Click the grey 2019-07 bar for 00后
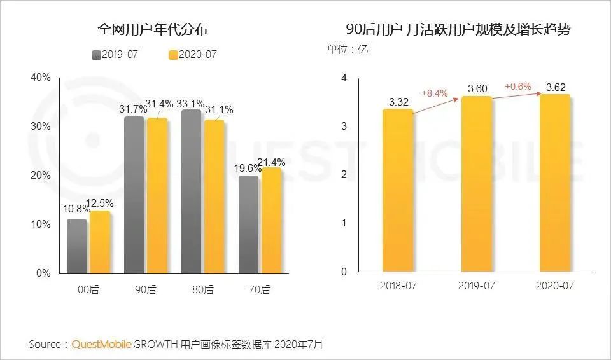tap(77, 246)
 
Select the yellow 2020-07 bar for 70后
tap(270, 220)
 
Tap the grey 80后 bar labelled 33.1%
tap(191, 191)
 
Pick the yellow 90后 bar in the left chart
tap(156, 195)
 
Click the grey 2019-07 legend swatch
tap(96, 55)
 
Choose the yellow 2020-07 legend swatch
tap(172, 55)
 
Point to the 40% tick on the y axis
tap(40, 78)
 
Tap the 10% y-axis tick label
tap(40, 225)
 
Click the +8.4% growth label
tap(435, 93)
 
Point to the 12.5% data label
tap(102, 203)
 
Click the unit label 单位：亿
tap(348, 49)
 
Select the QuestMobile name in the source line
tap(102, 344)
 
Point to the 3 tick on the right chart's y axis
tap(344, 126)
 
